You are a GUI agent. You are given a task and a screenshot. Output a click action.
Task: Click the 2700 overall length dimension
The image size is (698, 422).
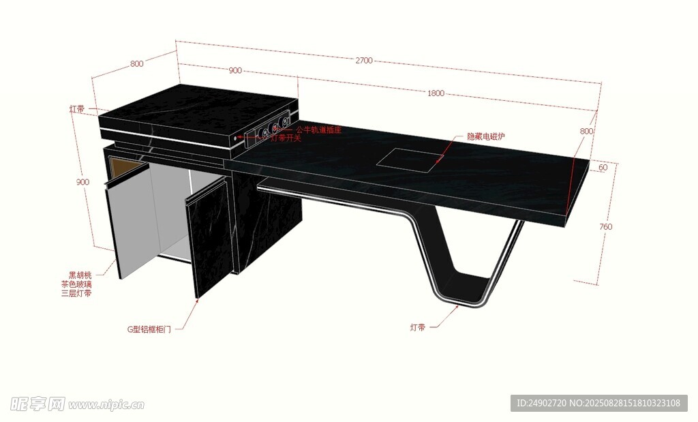click(363, 61)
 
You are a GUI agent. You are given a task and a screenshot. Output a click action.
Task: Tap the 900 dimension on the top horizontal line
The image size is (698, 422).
click(235, 71)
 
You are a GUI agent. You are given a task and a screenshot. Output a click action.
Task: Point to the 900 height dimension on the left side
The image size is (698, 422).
click(82, 182)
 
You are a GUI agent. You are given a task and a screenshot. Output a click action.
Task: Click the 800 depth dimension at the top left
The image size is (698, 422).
click(136, 63)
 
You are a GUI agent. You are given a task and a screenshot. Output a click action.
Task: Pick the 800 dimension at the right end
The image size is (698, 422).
click(586, 131)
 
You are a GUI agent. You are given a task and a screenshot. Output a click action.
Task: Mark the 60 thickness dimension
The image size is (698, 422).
click(603, 167)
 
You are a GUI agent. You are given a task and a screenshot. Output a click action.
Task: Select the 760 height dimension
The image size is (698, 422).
click(605, 226)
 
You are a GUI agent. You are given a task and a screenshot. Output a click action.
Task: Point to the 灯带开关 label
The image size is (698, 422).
click(286, 138)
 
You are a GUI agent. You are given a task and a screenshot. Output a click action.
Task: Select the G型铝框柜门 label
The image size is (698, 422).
click(149, 329)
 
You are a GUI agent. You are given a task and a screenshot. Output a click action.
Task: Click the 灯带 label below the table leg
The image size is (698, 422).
click(418, 328)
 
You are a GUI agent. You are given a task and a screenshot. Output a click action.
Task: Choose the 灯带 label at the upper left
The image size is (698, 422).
click(77, 109)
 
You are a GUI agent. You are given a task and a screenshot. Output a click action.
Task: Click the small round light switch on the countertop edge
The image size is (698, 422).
click(240, 138)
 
